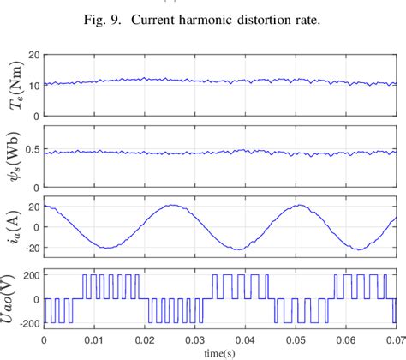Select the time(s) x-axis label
(x=220, y=352)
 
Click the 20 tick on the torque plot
(x=33, y=54)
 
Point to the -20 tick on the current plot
(x=30, y=249)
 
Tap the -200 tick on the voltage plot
(x=27, y=324)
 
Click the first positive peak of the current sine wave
(x=173, y=206)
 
